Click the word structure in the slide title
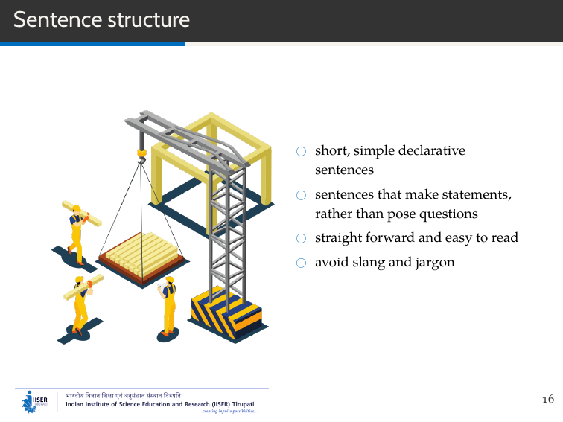[148, 20]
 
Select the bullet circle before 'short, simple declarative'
[301, 151]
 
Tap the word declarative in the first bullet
[431, 150]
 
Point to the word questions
[445, 214]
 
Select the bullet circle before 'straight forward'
[301, 239]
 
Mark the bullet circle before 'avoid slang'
[301, 263]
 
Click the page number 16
[548, 400]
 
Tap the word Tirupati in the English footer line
[243, 404]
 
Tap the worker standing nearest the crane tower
[169, 305]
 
